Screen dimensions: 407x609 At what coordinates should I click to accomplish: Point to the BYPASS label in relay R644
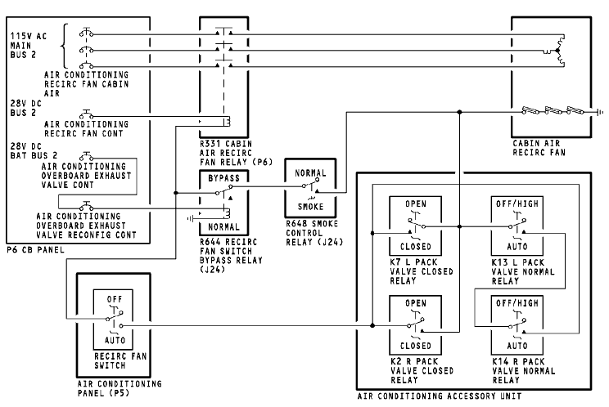[x=223, y=177]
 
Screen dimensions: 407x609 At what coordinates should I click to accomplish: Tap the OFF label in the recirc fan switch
[x=114, y=300]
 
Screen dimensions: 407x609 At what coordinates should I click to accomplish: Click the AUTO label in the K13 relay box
[x=518, y=244]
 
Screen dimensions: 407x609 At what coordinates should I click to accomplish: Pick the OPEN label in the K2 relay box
[x=417, y=302]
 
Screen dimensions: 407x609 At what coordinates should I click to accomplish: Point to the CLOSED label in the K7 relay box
[x=417, y=244]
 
